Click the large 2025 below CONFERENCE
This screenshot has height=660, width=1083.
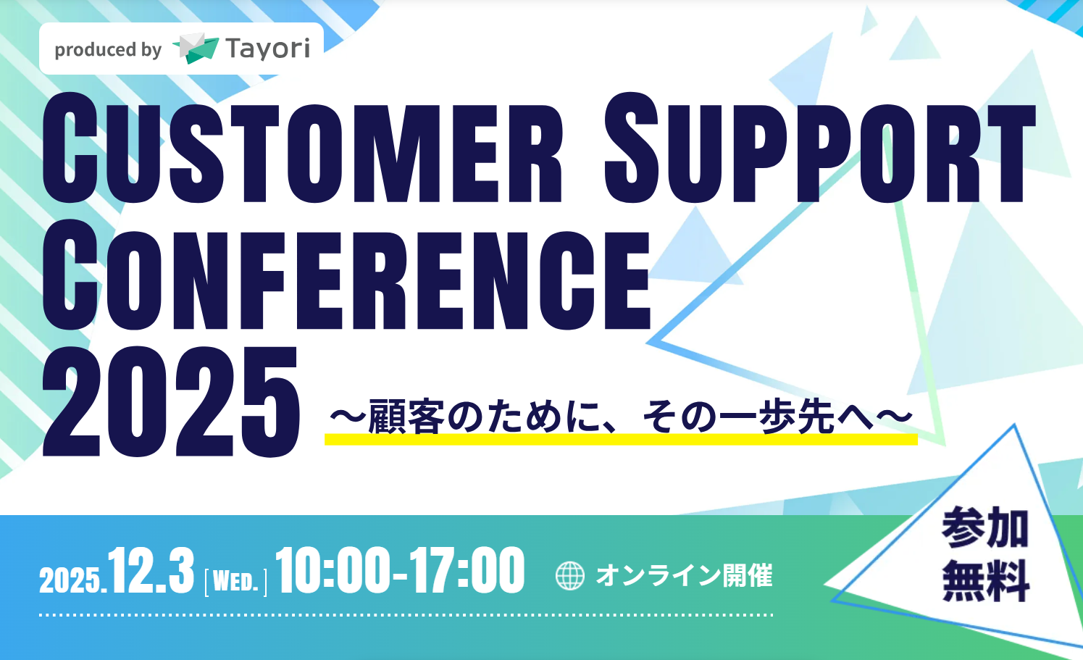pos(171,403)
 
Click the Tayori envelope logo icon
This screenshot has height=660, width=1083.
pos(195,49)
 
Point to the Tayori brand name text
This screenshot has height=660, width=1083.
pos(267,49)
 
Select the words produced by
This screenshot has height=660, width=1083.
pos(108,50)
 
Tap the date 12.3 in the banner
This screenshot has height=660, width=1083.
pos(151,572)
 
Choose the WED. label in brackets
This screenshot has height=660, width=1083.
pos(236,582)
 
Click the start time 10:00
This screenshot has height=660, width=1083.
pos(333,572)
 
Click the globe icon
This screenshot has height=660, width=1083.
pos(569,576)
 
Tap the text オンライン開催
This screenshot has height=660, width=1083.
pos(684,576)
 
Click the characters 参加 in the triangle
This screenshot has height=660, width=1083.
pos(985,528)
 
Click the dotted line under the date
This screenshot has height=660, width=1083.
pos(406,615)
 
